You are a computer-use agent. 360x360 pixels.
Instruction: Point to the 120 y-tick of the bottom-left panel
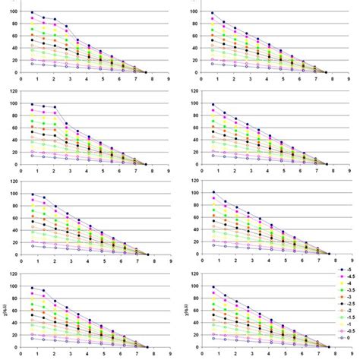pyautogui.click(x=12, y=273)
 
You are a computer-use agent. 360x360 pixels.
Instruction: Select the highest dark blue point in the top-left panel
pyautogui.click(x=32, y=13)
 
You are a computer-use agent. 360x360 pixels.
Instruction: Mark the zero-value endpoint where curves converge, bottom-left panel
pyautogui.click(x=147, y=346)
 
